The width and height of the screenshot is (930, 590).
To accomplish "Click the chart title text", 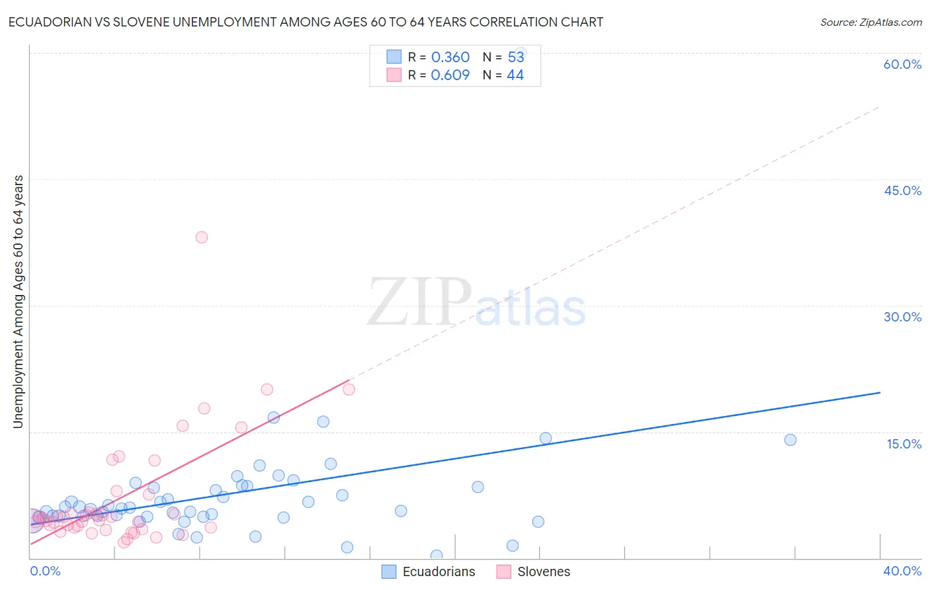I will click(306, 22).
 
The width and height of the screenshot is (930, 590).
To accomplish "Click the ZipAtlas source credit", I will click(870, 22).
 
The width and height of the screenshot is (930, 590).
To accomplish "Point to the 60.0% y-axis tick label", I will click(902, 64).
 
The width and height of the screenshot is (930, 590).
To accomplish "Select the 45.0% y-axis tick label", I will click(902, 190).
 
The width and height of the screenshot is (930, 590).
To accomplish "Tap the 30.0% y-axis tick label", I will click(902, 317).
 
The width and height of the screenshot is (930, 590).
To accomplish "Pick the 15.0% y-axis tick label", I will click(904, 444).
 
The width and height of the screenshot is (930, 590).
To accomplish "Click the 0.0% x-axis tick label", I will click(46, 571).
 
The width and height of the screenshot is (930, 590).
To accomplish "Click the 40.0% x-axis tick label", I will click(902, 571).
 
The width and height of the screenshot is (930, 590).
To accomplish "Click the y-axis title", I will click(18, 302).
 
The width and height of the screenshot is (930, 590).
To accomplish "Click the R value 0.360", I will click(450, 58).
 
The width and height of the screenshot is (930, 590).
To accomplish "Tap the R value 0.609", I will click(450, 75).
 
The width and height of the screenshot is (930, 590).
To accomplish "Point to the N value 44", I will click(515, 75).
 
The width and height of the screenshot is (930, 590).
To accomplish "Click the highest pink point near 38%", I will click(202, 237).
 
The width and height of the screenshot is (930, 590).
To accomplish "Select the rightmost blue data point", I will click(790, 440).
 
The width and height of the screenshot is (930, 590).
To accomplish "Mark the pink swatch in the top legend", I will click(394, 75).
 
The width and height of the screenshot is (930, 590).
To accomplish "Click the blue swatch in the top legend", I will click(394, 57).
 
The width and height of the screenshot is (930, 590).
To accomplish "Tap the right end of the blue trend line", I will click(880, 393).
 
